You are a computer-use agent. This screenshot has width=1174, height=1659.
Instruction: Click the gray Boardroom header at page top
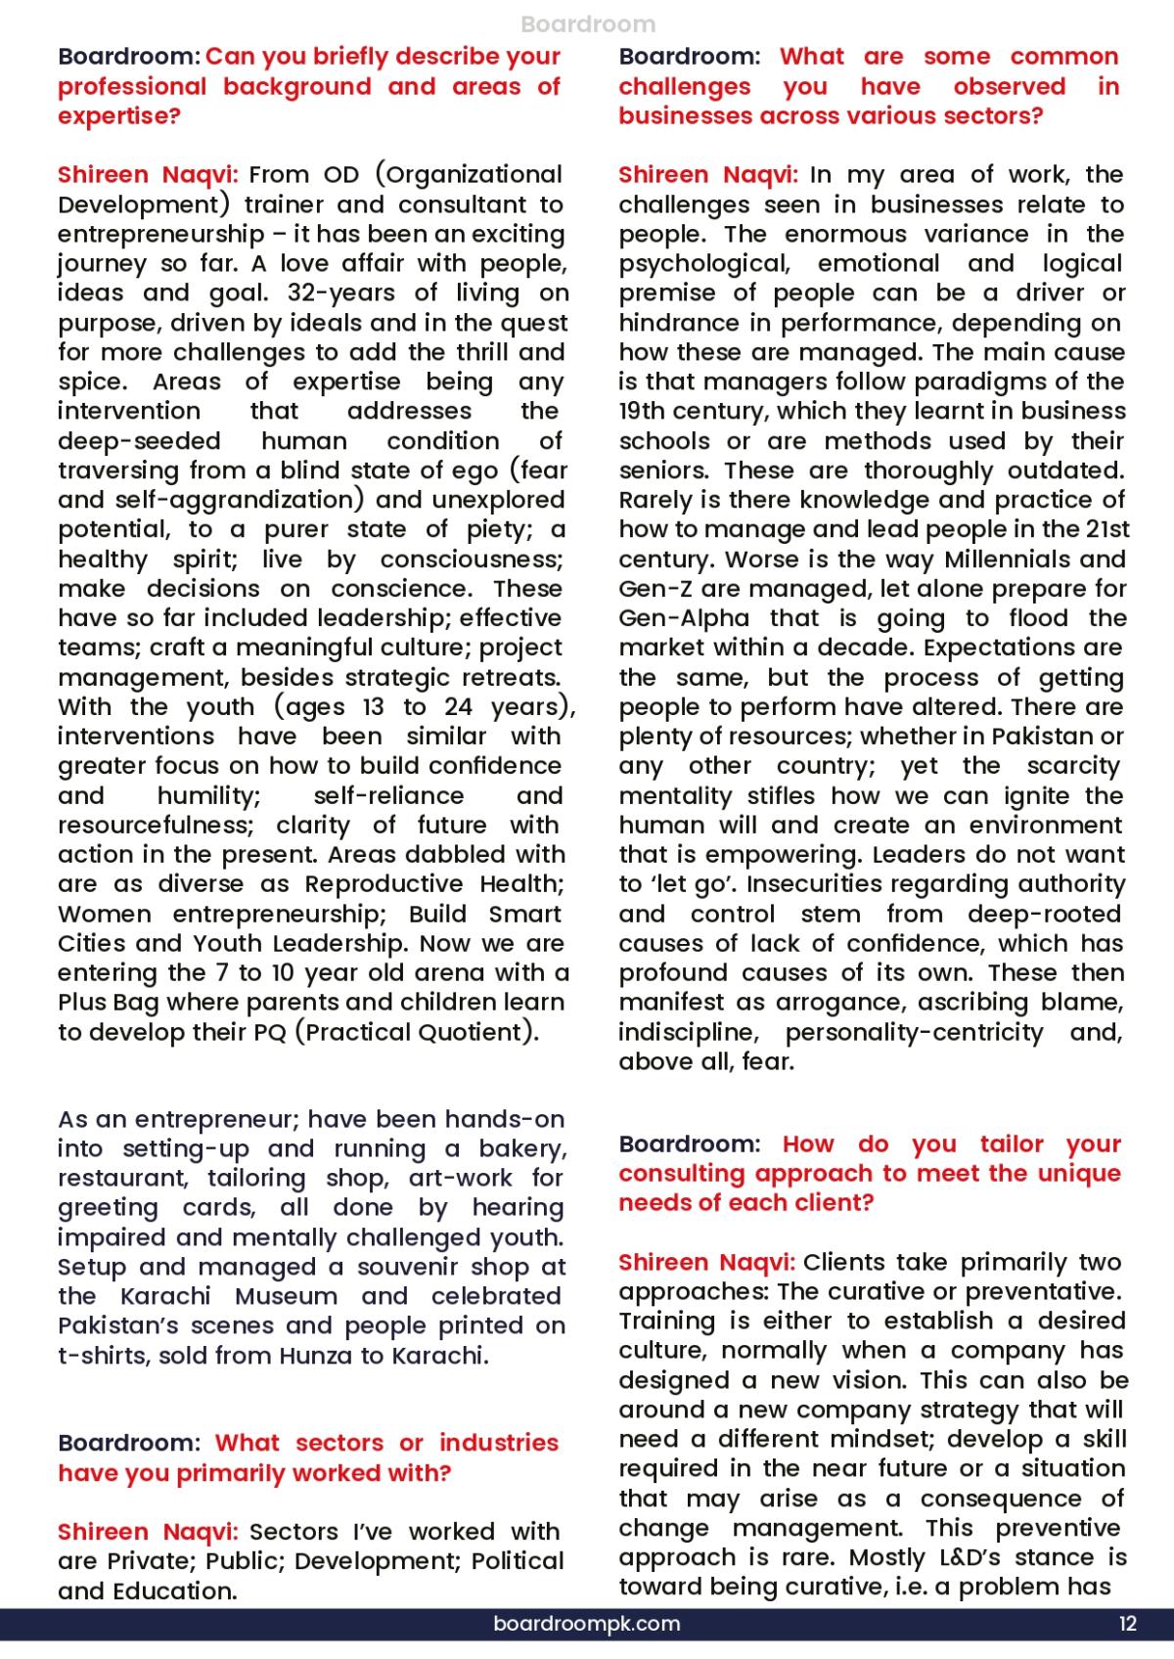click(x=588, y=24)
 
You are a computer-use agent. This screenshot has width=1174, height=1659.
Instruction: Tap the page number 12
click(x=1128, y=1624)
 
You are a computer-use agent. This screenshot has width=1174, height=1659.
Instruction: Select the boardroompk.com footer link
click(x=587, y=1624)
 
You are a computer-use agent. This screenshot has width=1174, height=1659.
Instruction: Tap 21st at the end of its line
click(x=1107, y=529)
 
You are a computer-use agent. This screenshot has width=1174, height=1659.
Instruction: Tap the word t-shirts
click(x=104, y=1356)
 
